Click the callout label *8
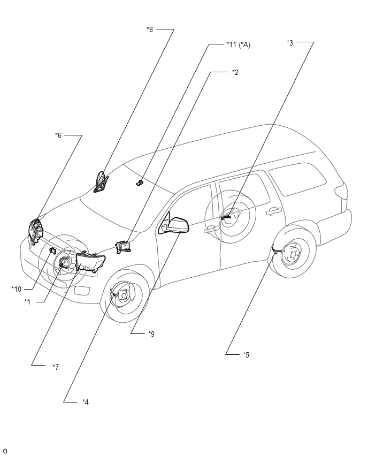pos(150,29)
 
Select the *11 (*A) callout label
pos(238,44)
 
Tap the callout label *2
pos(235,72)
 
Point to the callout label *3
pos(290,42)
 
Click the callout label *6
pos(58,135)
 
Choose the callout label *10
pos(16,289)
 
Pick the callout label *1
pos(27,302)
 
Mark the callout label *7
pos(56,367)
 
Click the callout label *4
pos(86,402)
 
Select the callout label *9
pos(151,333)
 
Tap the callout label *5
pos(246,355)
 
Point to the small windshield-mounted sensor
pos(140,183)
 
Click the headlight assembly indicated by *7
pos(90,262)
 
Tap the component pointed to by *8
pos(101,183)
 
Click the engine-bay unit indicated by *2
pos(123,247)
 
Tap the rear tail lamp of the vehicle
pos(341,192)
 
